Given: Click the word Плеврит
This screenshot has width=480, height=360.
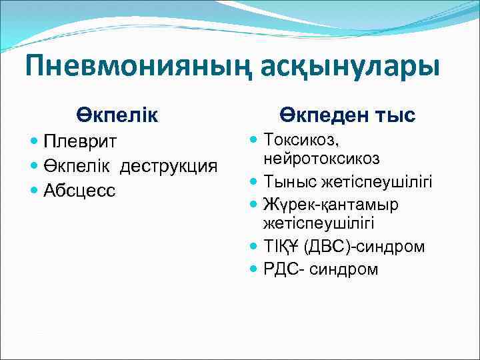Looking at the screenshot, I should click(79, 141).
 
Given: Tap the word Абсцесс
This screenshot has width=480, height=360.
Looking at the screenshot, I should click(79, 190).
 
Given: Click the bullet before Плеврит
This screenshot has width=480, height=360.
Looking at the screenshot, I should click(35, 141).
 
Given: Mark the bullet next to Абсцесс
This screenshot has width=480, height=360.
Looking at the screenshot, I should click(35, 190).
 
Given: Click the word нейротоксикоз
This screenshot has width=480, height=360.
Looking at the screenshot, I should click(321, 159).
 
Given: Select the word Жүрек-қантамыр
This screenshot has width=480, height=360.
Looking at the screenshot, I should click(331, 204).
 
